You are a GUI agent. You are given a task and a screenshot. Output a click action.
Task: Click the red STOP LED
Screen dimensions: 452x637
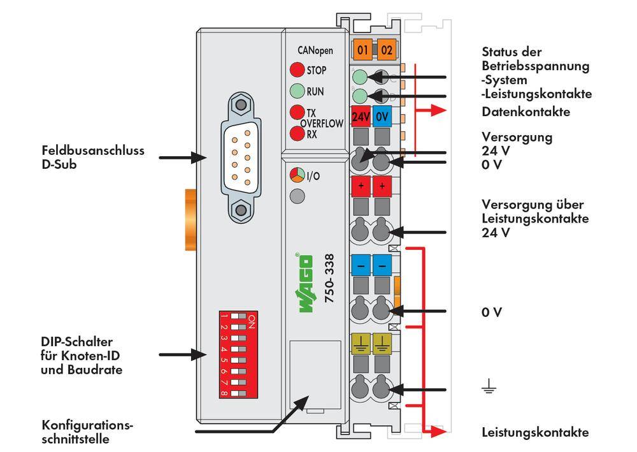click(x=296, y=70)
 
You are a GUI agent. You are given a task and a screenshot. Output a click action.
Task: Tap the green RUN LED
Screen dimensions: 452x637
click(x=296, y=91)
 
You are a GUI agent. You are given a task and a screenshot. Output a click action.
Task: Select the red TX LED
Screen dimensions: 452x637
click(x=296, y=112)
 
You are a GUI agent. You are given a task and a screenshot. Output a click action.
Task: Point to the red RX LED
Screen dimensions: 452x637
click(x=296, y=134)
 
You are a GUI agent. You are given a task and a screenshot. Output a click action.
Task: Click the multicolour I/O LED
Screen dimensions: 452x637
click(x=296, y=174)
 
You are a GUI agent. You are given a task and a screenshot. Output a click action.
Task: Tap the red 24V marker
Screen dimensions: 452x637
click(x=361, y=118)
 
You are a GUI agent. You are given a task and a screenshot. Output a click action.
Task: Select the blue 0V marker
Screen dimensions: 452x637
click(x=382, y=118)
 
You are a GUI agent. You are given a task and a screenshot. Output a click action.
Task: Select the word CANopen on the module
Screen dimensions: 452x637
click(x=314, y=50)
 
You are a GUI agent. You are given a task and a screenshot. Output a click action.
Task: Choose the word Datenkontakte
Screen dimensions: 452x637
click(x=526, y=112)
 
